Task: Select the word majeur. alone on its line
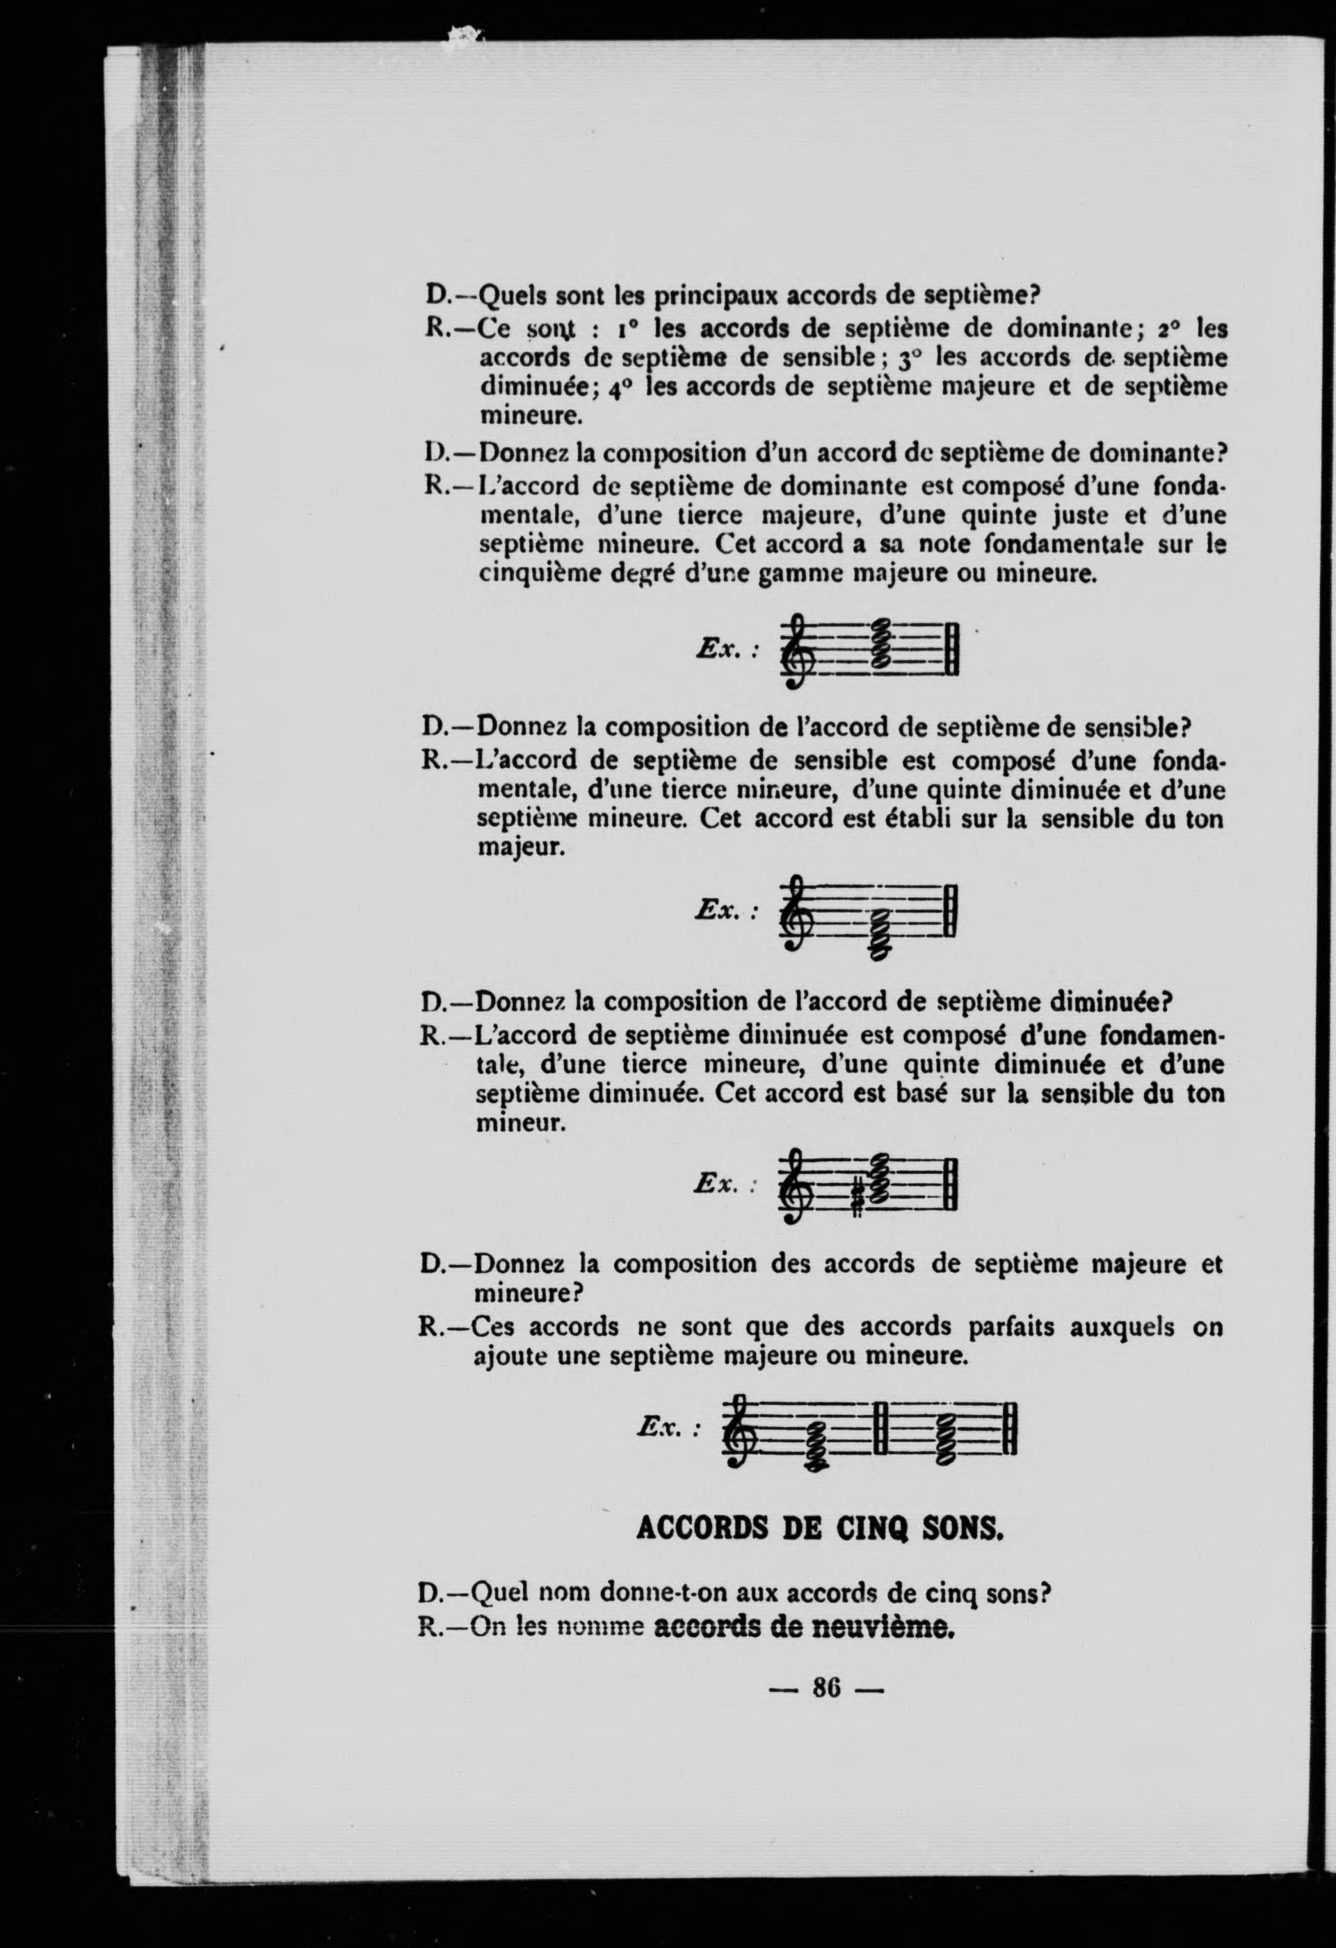(520, 849)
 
